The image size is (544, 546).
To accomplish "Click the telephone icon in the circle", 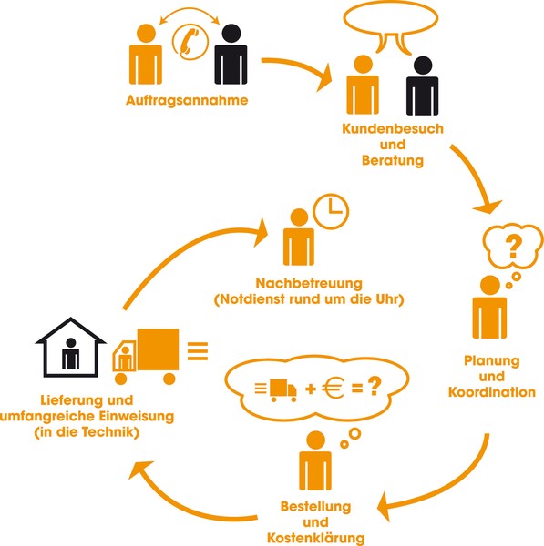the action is (190, 41).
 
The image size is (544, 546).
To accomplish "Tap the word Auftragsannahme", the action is (187, 100).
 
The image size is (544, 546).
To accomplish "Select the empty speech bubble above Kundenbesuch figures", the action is (391, 25).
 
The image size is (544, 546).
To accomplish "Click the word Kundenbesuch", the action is (393, 129).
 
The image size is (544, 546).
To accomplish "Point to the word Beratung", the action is (393, 160).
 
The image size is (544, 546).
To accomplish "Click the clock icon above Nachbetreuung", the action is (331, 211).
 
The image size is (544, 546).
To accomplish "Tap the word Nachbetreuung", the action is (309, 283).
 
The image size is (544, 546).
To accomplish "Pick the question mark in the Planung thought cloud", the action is (513, 247).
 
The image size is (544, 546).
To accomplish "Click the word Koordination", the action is (492, 392).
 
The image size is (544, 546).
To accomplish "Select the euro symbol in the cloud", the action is (333, 388).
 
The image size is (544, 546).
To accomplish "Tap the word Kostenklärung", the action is (315, 538).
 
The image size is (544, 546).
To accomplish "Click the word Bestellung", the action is (315, 506).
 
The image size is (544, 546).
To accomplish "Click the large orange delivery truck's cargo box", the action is (158, 349).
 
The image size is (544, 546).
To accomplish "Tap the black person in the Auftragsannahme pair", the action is (231, 54).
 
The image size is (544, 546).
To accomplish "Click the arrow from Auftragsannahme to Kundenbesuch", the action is (298, 67).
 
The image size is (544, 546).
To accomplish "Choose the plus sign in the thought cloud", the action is (311, 389).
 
